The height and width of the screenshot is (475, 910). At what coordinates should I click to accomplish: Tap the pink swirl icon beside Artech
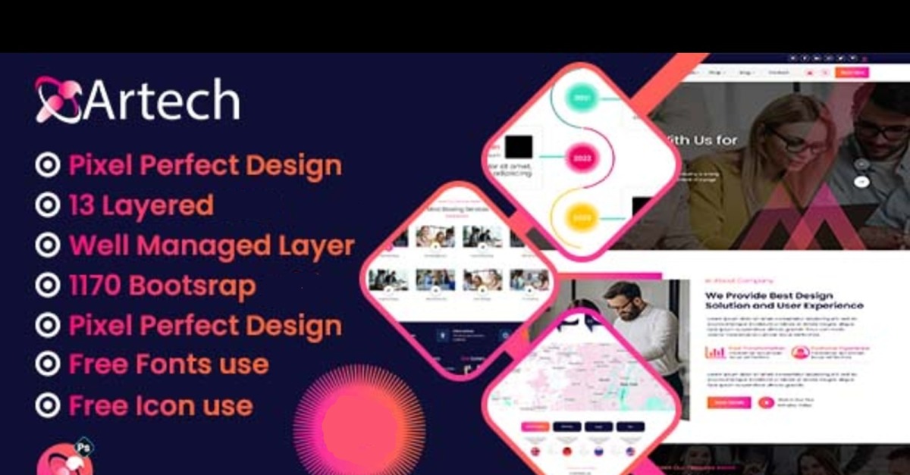click(x=58, y=99)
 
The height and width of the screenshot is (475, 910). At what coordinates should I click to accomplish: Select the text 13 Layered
click(x=141, y=205)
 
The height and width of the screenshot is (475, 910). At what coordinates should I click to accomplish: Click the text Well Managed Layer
click(x=212, y=245)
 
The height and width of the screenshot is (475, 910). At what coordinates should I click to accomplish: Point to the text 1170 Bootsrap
click(x=162, y=286)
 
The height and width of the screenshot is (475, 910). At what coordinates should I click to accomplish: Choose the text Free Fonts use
click(x=168, y=364)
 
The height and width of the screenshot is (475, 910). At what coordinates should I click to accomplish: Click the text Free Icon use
click(x=161, y=405)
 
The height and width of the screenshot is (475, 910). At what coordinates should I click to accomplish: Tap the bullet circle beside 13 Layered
click(x=47, y=205)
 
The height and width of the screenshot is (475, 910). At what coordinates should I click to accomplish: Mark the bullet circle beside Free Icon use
click(x=47, y=405)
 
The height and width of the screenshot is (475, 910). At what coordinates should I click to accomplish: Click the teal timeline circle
click(x=581, y=98)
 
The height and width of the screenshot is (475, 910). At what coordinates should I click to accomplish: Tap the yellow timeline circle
click(x=581, y=217)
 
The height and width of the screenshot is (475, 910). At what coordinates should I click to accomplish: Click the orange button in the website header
click(x=852, y=73)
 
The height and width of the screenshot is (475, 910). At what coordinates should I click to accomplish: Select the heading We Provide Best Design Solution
click(x=783, y=300)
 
